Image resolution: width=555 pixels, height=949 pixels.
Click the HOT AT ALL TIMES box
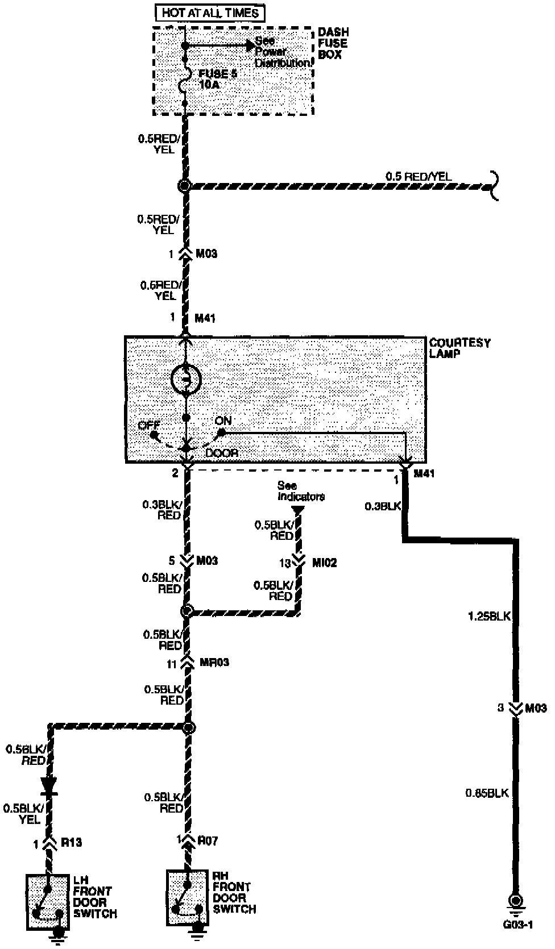click(210, 13)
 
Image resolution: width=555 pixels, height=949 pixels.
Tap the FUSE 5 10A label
click(217, 79)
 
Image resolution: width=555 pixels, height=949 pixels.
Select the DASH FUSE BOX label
click(333, 44)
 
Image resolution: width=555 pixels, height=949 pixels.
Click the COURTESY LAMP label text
click(459, 348)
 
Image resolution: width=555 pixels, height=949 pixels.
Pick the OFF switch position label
click(148, 425)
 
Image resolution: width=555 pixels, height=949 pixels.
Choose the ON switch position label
click(223, 421)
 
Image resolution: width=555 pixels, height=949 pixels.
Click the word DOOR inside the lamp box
click(222, 453)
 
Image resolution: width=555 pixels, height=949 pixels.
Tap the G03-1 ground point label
click(517, 924)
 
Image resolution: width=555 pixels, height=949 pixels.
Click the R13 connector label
click(71, 843)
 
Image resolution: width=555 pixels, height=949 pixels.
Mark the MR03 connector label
click(214, 663)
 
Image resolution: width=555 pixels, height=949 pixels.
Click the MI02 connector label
click(324, 563)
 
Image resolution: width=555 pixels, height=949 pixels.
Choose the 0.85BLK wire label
click(487, 793)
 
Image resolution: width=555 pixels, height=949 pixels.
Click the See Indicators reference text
click(301, 491)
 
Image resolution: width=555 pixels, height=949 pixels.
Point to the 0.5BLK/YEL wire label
click(22, 813)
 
